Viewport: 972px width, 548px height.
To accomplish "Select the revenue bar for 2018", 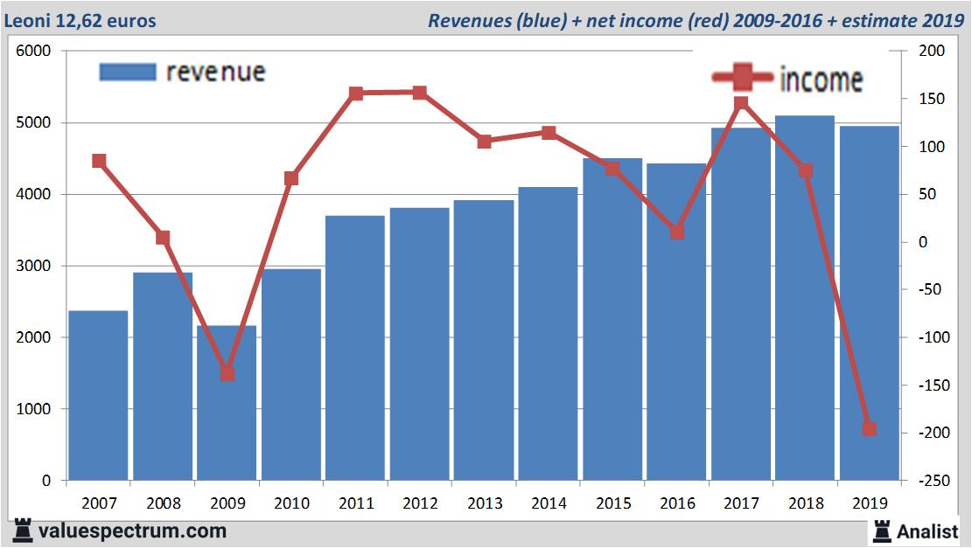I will click(x=805, y=297).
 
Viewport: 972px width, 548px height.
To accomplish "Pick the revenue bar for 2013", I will click(x=484, y=340).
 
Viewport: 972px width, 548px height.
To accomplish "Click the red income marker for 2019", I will click(x=870, y=428).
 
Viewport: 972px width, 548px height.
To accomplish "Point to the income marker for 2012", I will click(x=419, y=93).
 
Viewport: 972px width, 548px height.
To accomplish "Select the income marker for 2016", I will click(x=676, y=232).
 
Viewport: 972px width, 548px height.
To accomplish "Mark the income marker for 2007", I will click(x=99, y=161).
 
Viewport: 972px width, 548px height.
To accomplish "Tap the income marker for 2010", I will click(x=291, y=178).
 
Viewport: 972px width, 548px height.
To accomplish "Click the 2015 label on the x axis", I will click(x=612, y=503).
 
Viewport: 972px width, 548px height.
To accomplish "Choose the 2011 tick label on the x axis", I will click(x=355, y=503).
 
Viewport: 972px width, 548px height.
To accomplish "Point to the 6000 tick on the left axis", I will click(x=34, y=52).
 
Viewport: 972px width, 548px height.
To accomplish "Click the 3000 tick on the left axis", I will click(x=34, y=266).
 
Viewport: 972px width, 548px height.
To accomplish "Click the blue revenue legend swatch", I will click(x=127, y=72).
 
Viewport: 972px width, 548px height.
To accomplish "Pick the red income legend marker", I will click(x=743, y=78).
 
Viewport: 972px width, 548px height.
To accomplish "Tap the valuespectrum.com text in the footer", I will click(x=132, y=531).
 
